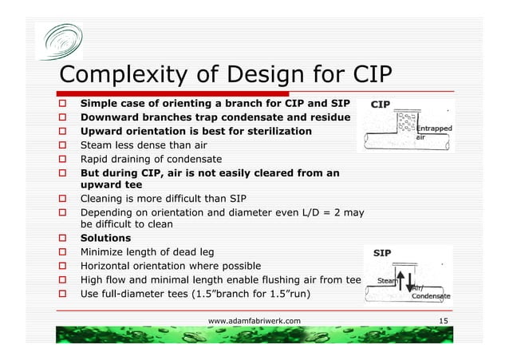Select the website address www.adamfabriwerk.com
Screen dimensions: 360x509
pos(254,320)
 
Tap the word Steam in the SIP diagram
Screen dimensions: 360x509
pos(386,281)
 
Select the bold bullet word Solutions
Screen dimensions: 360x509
pos(105,239)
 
